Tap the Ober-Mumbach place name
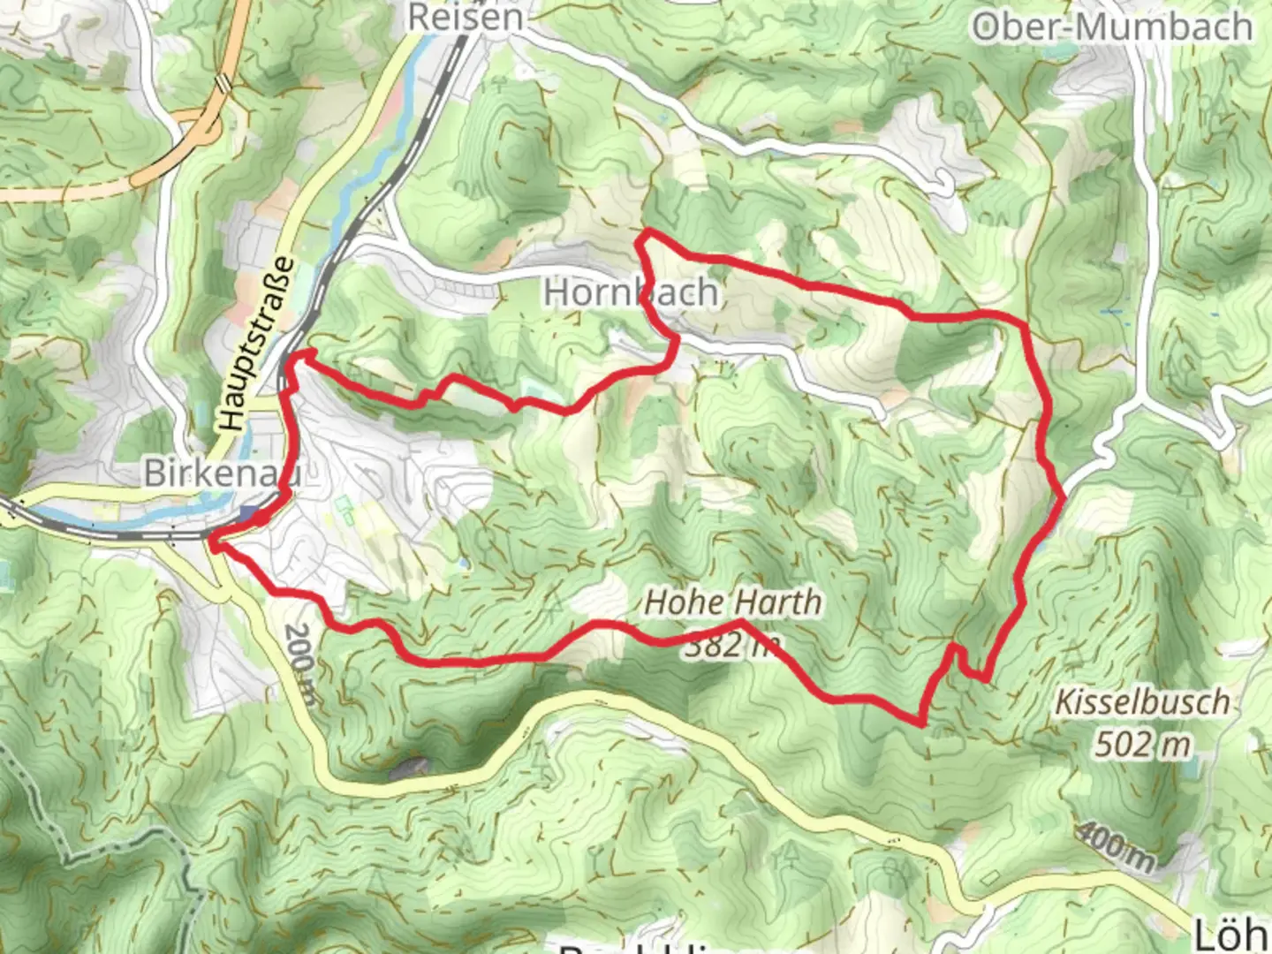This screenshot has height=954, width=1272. [1112, 27]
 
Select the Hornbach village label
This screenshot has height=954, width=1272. [631, 292]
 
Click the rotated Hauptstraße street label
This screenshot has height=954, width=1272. [256, 344]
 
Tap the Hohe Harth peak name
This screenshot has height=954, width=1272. [733, 602]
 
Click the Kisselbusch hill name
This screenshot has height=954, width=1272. [1142, 703]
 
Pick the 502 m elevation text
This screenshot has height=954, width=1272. [1143, 745]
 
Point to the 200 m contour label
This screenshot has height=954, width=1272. [301, 664]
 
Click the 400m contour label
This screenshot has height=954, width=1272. [1115, 845]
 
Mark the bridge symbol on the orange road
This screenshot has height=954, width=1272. [224, 83]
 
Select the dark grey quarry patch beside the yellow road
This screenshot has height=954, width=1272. [409, 768]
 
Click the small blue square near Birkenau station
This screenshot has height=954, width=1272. [250, 515]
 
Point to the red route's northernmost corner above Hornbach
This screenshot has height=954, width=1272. [647, 232]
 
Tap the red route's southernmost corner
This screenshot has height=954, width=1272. [921, 723]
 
